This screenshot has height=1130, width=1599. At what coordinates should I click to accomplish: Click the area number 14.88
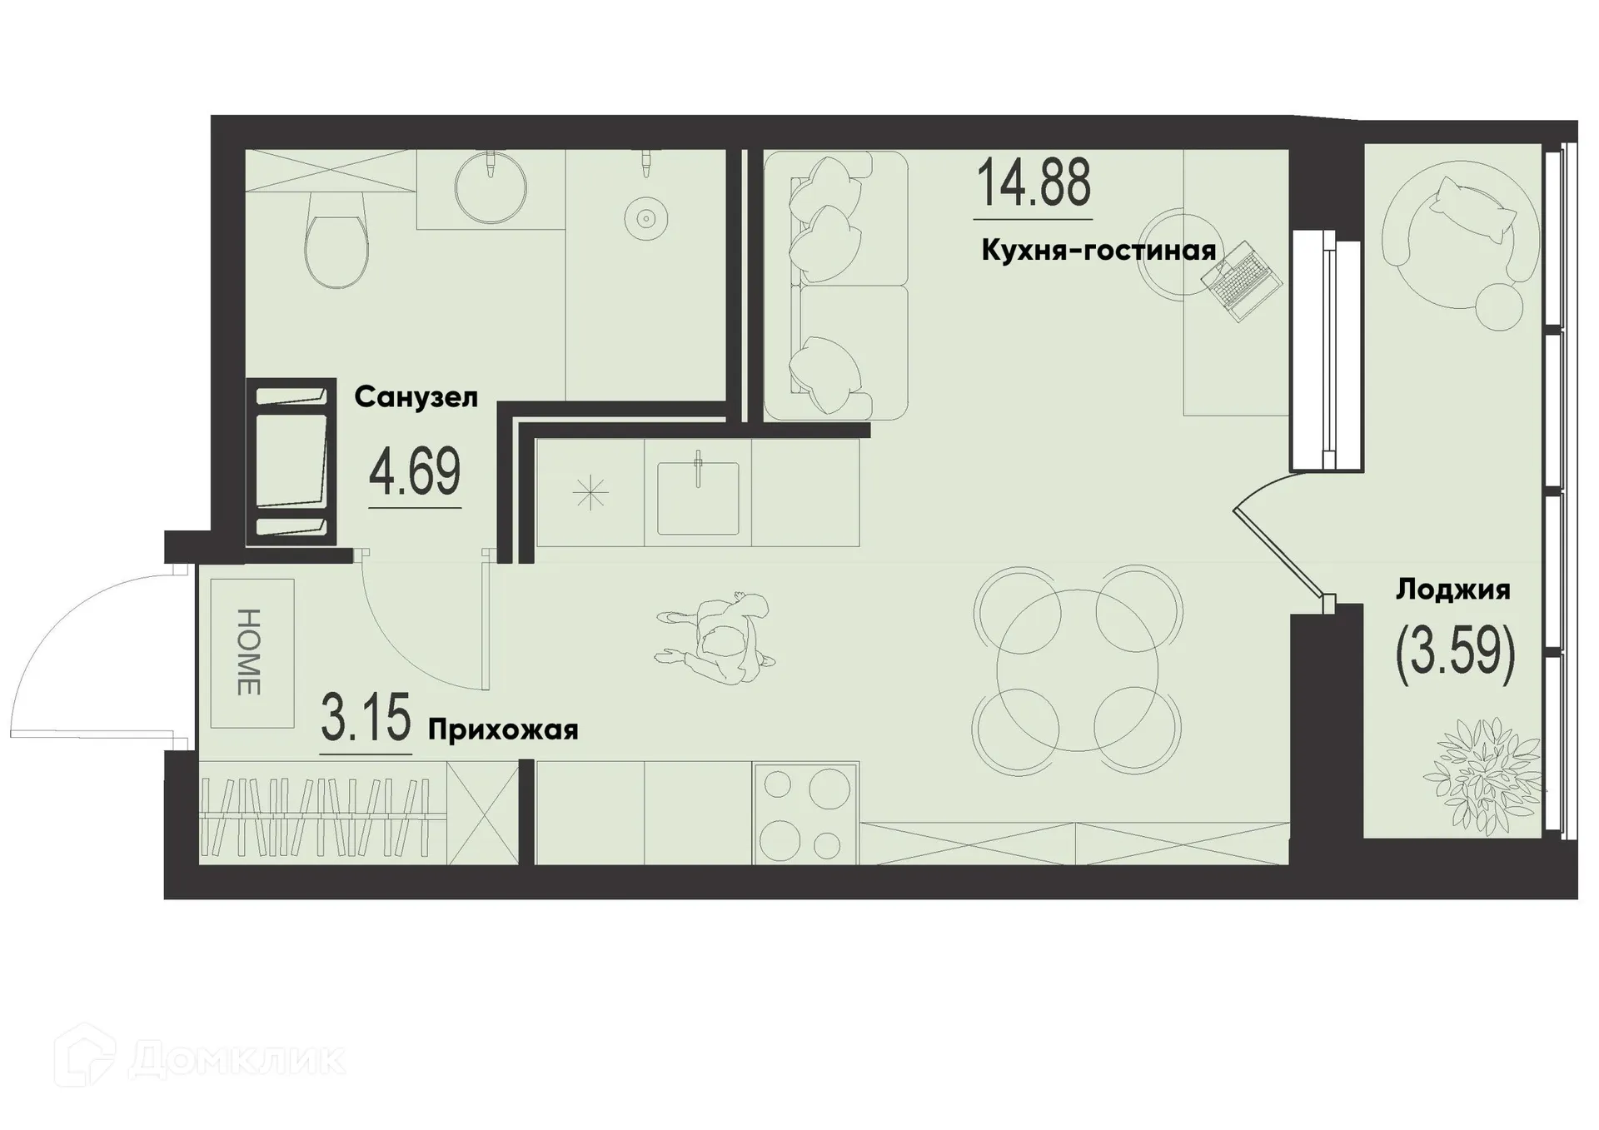pyautogui.click(x=1033, y=184)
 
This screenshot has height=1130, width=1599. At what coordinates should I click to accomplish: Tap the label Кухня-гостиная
pyautogui.click(x=1098, y=250)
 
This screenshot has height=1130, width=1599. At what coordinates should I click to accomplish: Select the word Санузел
pyautogui.click(x=416, y=398)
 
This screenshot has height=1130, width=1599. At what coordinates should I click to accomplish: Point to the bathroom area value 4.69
pyautogui.click(x=415, y=472)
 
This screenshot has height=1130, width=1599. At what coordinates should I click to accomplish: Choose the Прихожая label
pyautogui.click(x=502, y=730)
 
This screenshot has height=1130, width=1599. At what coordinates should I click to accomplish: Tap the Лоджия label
pyautogui.click(x=1452, y=590)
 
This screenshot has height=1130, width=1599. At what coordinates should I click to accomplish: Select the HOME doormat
pyautogui.click(x=252, y=653)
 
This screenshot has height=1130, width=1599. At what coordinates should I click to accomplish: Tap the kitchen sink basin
pyautogui.click(x=697, y=499)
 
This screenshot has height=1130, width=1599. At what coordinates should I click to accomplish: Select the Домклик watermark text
pyautogui.click(x=237, y=1059)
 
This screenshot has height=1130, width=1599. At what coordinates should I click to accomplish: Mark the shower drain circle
pyautogui.click(x=645, y=219)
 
